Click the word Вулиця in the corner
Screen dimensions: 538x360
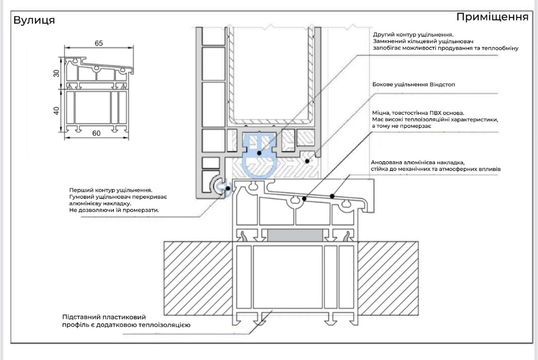(34, 20)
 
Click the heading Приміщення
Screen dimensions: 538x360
(493, 17)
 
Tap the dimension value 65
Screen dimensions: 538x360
(99, 43)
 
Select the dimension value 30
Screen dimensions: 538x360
(56, 73)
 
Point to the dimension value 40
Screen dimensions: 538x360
(56, 111)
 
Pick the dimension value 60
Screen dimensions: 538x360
(96, 133)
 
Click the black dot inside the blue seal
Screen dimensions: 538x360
(259, 153)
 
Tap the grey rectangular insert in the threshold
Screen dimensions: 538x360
(295, 235)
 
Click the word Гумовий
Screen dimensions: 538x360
(82, 197)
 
